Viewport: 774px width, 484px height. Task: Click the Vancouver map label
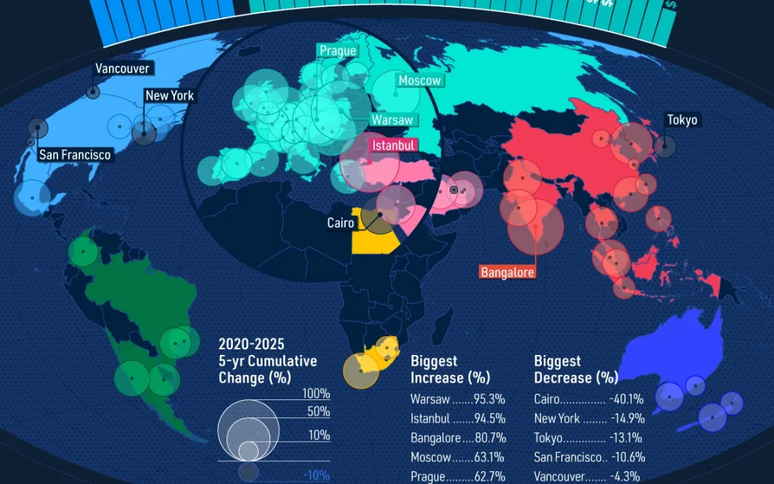(123, 69)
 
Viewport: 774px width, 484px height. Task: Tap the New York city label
(169, 95)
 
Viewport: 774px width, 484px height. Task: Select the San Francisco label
(75, 154)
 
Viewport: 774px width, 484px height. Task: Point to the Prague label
(338, 51)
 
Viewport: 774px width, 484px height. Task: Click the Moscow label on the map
(419, 80)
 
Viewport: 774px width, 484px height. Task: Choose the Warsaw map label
(392, 120)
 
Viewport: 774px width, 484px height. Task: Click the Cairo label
(340, 223)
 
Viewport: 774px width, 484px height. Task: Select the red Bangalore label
(507, 272)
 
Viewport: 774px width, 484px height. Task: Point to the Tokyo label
(682, 120)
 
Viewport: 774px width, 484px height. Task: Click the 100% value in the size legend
(316, 394)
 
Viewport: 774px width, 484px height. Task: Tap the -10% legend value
(316, 475)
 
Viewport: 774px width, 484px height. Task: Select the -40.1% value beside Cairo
(627, 399)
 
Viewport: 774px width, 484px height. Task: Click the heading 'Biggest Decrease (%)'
(575, 369)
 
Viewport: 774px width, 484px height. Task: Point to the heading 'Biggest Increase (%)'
(450, 369)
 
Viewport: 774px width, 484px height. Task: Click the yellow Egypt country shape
(373, 240)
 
